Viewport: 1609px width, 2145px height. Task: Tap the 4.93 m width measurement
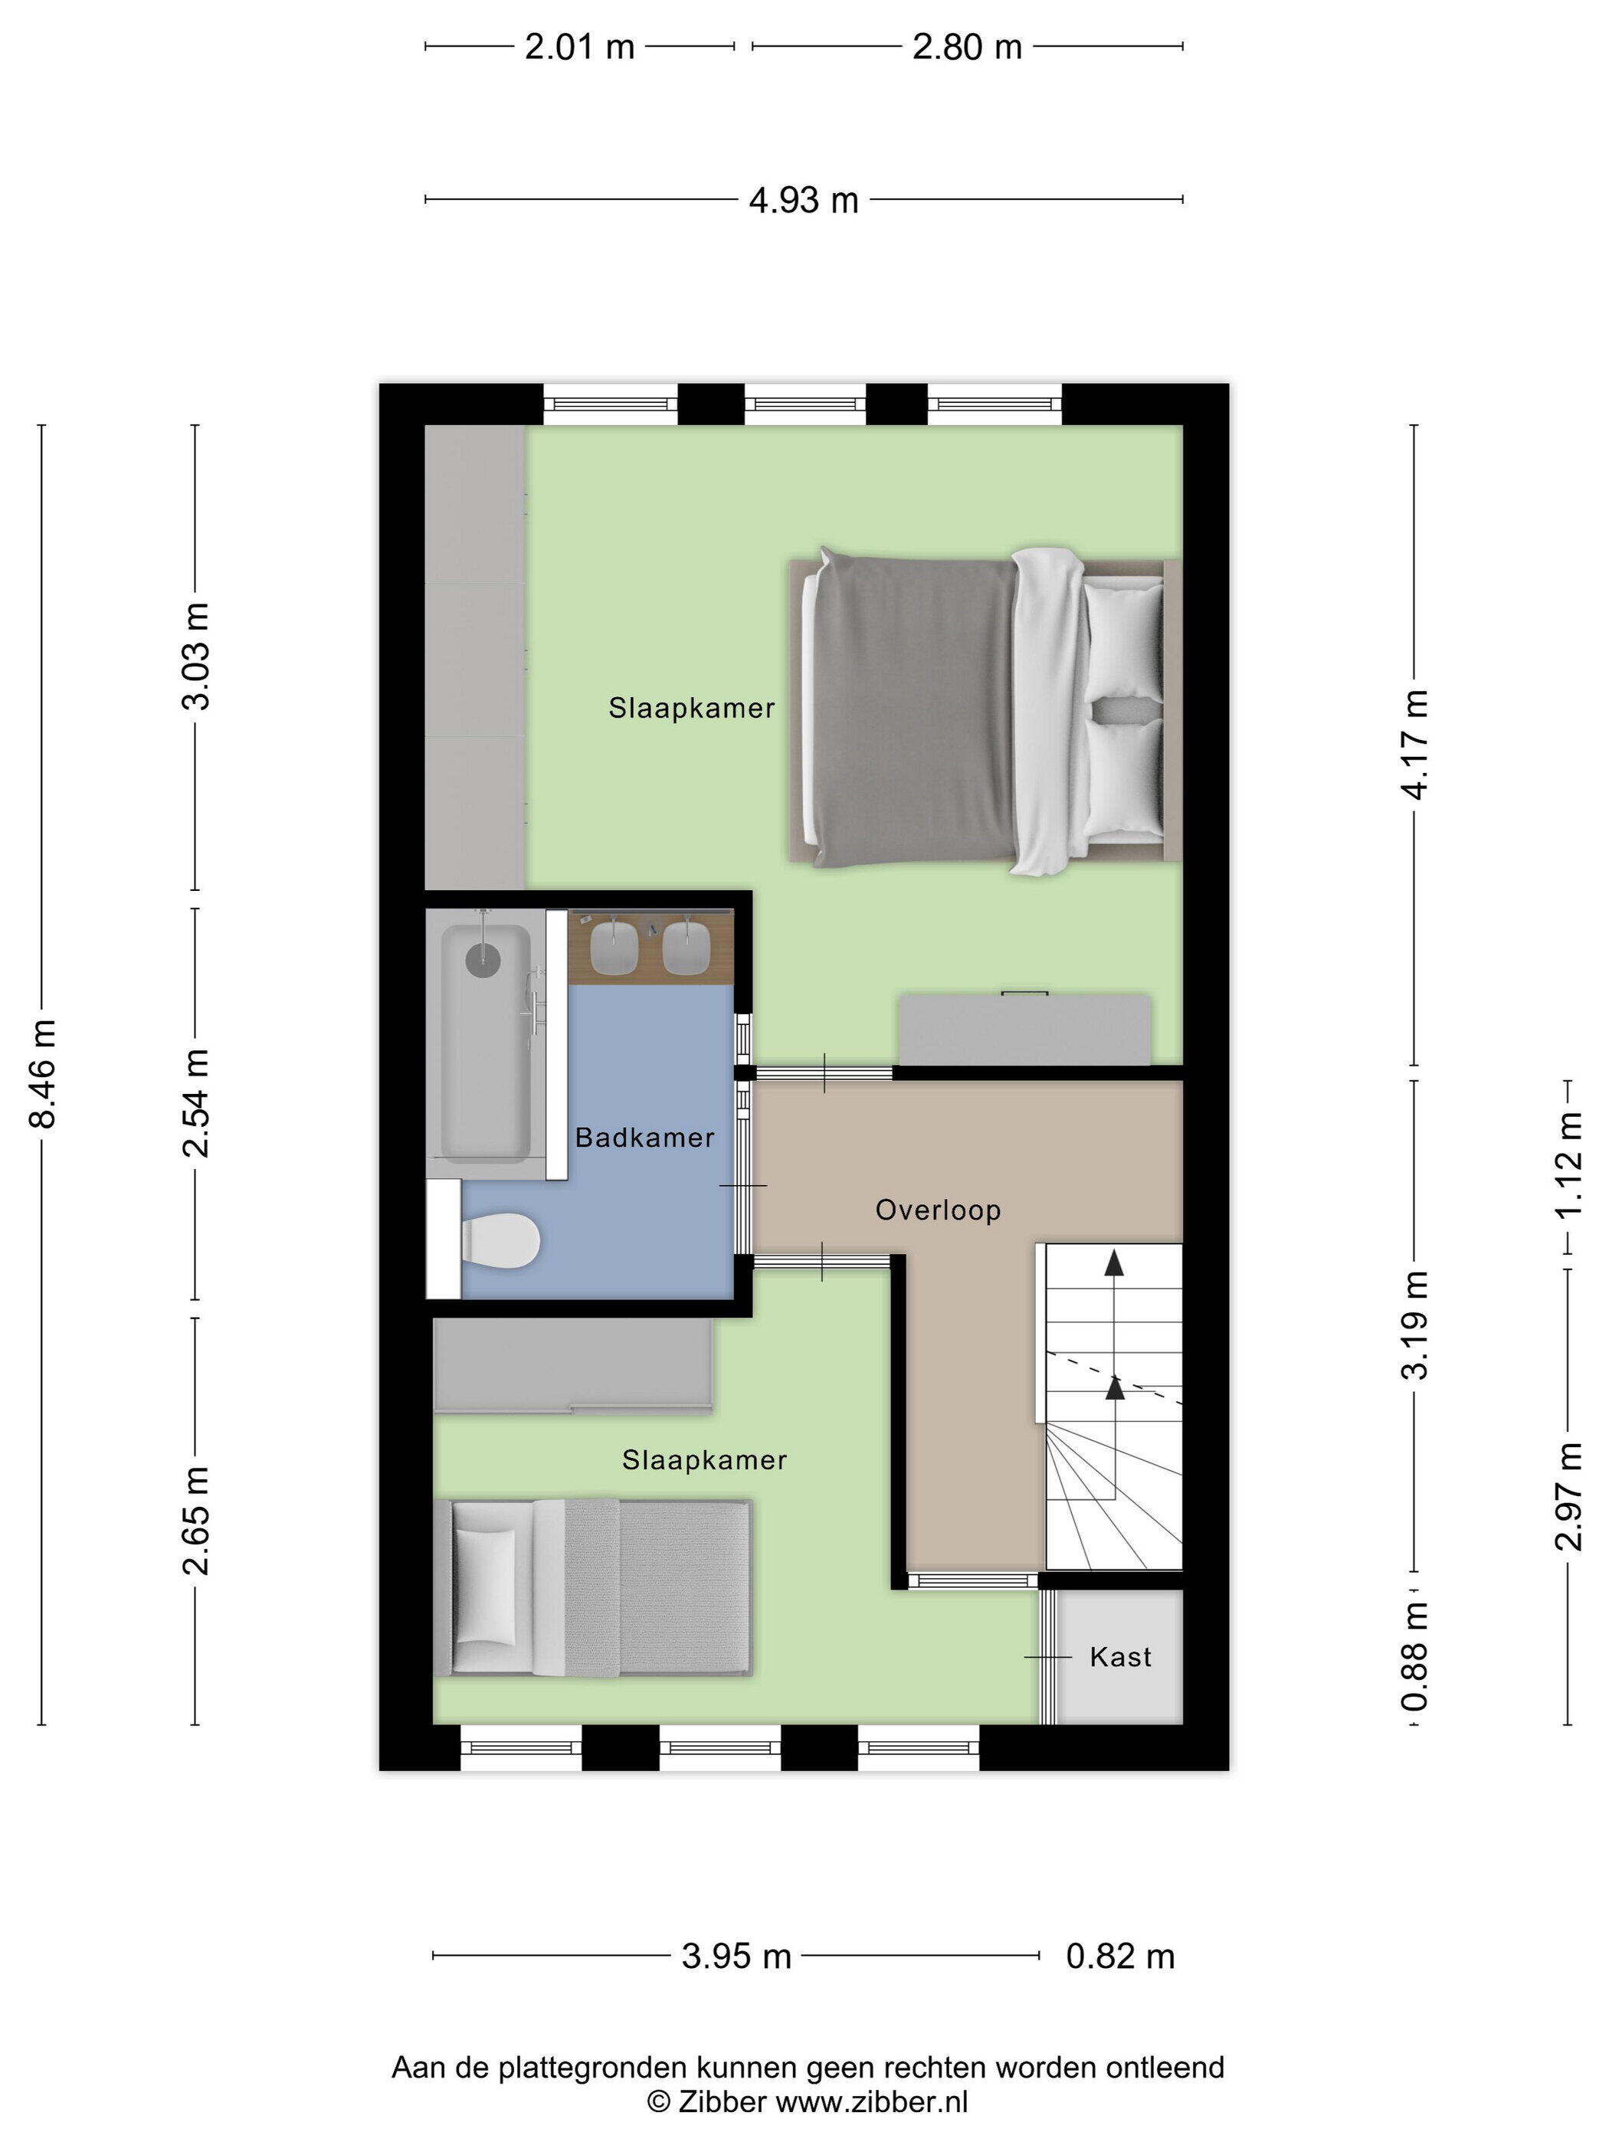803,201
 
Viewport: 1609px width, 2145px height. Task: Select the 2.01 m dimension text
579,47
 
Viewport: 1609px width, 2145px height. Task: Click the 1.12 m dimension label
1568,1164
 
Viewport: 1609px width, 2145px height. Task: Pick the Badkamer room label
644,1137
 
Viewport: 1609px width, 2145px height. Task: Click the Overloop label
938,1210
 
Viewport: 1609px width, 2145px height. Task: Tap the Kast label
1120,1656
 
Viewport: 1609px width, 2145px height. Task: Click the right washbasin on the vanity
687,945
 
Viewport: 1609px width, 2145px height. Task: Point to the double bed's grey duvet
912,710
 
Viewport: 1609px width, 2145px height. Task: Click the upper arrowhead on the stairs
1114,1262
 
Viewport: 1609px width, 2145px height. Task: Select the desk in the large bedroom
1025,1029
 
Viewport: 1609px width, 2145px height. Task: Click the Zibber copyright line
808,2101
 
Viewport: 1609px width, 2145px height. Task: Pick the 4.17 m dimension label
1415,745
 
